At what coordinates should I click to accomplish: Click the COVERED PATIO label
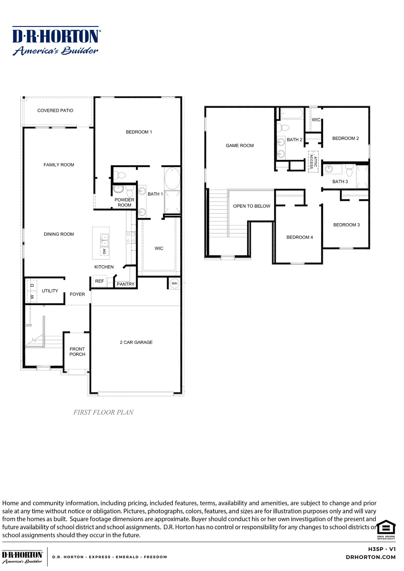click(x=55, y=110)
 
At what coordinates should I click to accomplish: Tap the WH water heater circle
click(x=174, y=284)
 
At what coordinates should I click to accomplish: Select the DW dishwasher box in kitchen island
click(x=104, y=251)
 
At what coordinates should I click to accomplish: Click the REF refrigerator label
click(x=99, y=281)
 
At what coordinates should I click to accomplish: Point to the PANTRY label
click(x=125, y=284)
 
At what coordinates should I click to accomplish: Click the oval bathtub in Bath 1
click(x=172, y=178)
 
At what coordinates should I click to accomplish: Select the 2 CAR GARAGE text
click(x=136, y=342)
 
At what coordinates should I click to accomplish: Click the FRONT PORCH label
click(x=77, y=352)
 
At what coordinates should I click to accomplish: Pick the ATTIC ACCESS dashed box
click(x=313, y=162)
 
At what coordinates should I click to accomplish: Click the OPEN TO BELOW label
click(x=251, y=206)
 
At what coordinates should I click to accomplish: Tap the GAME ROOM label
click(x=239, y=146)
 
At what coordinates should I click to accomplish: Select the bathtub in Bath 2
click(x=292, y=113)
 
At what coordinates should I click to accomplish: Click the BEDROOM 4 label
click(x=299, y=237)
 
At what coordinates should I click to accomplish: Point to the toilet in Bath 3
click(x=349, y=171)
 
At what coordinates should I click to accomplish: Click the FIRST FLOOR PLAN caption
click(x=103, y=412)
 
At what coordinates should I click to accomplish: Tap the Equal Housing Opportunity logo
click(x=386, y=530)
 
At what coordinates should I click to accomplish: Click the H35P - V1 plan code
click(x=382, y=549)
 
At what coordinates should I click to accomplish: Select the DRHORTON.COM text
click(x=371, y=557)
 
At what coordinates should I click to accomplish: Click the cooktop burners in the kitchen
click(x=131, y=237)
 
